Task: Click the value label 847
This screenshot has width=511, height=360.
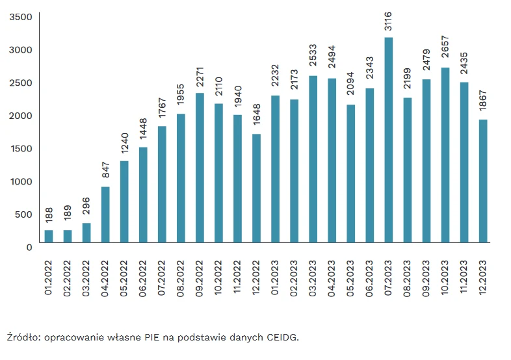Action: tap(105, 172)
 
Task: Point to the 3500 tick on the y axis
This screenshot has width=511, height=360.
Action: tap(21, 16)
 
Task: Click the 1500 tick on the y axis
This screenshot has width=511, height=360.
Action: tap(21, 148)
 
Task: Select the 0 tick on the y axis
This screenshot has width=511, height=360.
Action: tap(29, 247)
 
